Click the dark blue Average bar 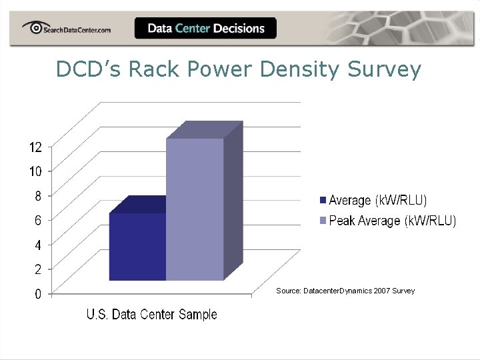(137, 246)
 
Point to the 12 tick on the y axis (35, 147)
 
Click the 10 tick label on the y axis (35, 171)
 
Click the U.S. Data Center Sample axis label (151, 315)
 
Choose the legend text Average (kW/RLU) (378, 200)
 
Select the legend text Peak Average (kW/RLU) (393, 221)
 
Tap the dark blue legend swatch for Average (323, 200)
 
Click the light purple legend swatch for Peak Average (323, 221)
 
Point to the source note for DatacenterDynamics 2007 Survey (345, 291)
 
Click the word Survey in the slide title (384, 69)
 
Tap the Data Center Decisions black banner (205, 28)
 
